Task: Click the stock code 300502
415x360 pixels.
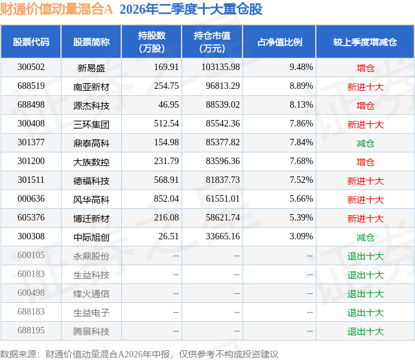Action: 31,67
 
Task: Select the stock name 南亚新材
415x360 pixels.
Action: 91,87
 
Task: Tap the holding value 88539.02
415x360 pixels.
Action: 222,105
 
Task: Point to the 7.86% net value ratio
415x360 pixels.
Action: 301,124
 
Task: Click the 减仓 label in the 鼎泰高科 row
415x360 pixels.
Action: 365,143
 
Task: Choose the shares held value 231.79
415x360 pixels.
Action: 166,162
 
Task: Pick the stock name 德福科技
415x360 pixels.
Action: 91,181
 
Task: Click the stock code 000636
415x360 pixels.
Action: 31,198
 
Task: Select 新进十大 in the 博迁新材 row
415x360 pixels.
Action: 365,219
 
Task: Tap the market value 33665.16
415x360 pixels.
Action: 222,236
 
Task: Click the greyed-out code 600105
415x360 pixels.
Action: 31,255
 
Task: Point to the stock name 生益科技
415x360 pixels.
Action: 91,275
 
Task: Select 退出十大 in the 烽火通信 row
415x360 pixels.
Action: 365,294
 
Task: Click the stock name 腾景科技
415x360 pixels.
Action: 91,331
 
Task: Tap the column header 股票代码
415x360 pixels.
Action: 31,42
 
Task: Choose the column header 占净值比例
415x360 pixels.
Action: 279,42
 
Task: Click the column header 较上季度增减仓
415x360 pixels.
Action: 365,42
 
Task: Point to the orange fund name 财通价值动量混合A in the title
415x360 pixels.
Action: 56,10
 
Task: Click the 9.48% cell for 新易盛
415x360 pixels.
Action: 301,67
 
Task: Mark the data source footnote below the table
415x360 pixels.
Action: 139,354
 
